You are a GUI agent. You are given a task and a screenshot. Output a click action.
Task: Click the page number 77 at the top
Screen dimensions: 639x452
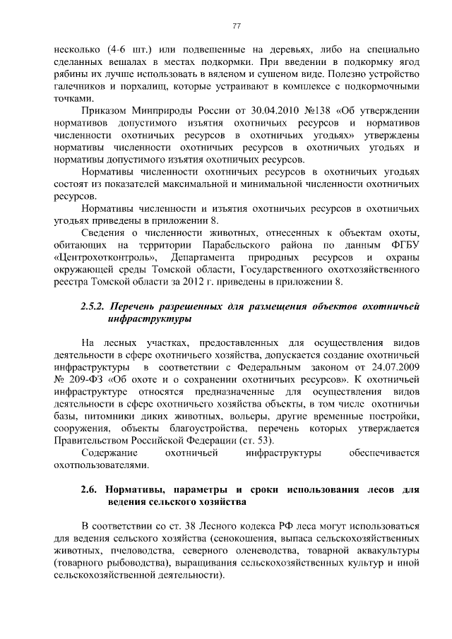click(x=237, y=26)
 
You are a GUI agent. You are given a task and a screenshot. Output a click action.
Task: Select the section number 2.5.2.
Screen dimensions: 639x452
click(x=91, y=306)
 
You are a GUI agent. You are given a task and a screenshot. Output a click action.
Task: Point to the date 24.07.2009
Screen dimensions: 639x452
click(x=393, y=369)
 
